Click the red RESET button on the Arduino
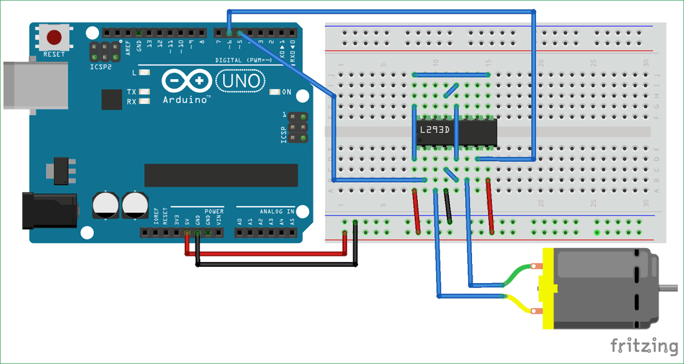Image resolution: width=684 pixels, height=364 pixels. (57, 37)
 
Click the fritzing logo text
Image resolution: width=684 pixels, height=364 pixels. (643, 345)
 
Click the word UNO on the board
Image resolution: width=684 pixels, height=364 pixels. (239, 82)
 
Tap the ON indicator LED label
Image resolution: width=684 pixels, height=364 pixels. (286, 92)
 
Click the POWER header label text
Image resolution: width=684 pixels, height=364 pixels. (214, 212)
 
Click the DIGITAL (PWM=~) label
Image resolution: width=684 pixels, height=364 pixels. (243, 60)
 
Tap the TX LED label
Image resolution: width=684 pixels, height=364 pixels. (132, 91)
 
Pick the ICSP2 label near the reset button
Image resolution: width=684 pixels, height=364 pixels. (100, 67)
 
